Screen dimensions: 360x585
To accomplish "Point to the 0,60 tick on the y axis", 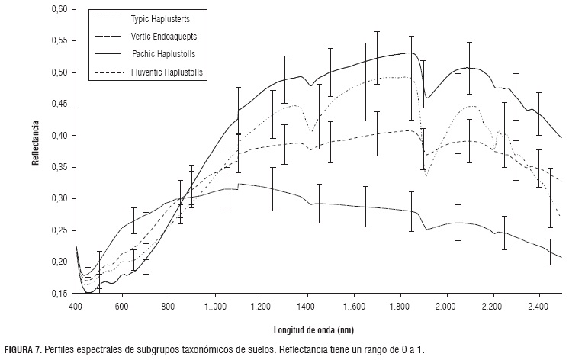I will point(59,9).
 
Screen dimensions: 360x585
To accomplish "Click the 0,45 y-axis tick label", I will point(59,104).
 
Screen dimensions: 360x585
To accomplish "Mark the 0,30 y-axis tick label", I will point(59,198).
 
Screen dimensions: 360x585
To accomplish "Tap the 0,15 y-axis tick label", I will point(59,293).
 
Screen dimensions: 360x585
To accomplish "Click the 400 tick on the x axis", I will point(75,305).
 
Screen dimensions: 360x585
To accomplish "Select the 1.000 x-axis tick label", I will point(214,305).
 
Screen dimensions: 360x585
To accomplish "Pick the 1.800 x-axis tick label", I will point(400,305).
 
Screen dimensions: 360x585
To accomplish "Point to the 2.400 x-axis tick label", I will point(539,305).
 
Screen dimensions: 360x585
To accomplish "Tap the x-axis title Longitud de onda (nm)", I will point(313,331).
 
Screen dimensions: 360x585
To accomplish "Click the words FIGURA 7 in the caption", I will point(22,349).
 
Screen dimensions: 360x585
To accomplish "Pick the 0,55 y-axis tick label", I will point(59,40).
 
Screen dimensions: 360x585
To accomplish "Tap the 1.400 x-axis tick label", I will point(307,305).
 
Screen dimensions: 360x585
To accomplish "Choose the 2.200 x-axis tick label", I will point(493,305).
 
